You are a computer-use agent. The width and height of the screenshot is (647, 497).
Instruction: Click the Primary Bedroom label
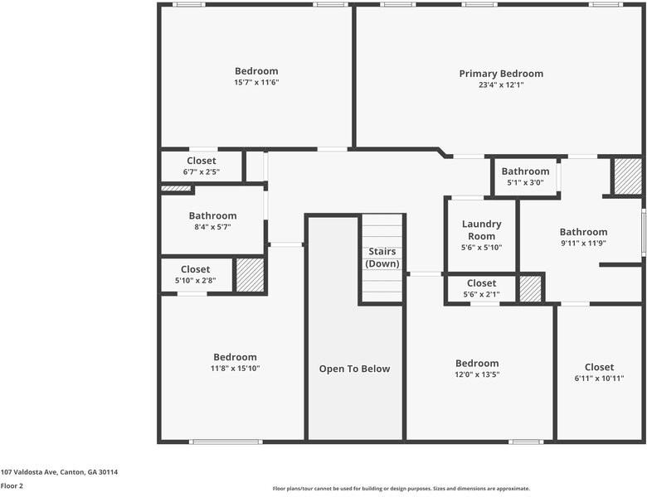pos(501,74)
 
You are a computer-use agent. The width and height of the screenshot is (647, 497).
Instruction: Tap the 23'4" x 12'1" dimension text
pos(501,84)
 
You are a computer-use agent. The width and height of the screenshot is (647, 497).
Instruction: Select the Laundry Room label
pos(482,230)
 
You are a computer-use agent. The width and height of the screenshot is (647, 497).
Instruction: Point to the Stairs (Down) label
pos(382,258)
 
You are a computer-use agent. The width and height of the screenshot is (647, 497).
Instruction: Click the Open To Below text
pos(354,369)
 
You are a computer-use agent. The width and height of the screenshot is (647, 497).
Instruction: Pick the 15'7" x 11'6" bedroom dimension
pos(256,82)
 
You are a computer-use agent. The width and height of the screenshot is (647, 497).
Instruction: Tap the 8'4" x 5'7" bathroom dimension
pos(212,227)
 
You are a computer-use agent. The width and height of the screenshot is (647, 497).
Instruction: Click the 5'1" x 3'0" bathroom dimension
pos(525,182)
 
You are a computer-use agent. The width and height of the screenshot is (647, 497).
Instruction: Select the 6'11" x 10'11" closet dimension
pos(599,378)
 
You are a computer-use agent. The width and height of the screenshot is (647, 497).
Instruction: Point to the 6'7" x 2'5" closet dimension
pos(202,171)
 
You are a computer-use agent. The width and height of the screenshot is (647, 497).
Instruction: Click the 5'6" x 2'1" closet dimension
pos(482,294)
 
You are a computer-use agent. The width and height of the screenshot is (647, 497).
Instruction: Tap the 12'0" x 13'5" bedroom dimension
pos(477,374)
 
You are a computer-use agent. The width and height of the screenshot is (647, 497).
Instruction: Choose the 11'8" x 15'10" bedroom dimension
pos(236,368)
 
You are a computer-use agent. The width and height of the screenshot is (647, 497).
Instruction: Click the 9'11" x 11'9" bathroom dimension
pos(583,244)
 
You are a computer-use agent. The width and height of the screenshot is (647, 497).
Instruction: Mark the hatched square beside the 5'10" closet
pos(250,275)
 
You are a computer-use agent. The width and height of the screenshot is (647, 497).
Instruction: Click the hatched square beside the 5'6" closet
pos(530,288)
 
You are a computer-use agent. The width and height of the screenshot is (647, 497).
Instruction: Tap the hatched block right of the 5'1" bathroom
pos(628,176)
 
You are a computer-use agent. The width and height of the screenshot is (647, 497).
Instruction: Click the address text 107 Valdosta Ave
pos(29,472)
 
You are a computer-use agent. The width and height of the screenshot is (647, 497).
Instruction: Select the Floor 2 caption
pos(12,486)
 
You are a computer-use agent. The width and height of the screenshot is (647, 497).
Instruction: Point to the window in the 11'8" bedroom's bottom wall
pos(226,442)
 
